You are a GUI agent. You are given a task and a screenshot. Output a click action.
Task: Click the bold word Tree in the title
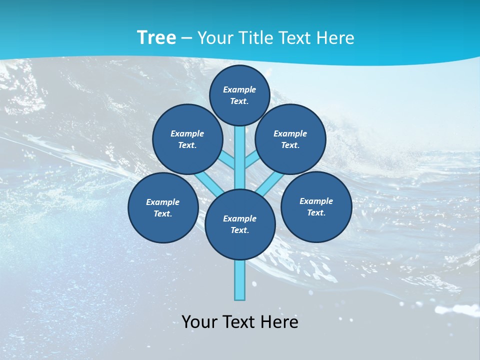click(x=156, y=38)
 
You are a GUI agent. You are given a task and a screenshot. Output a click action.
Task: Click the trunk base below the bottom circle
click(x=240, y=282)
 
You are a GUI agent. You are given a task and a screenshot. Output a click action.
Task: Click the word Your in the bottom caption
click(x=199, y=322)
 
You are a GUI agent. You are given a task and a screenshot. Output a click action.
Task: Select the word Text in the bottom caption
click(x=241, y=322)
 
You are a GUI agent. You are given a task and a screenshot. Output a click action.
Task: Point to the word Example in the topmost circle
click(x=239, y=89)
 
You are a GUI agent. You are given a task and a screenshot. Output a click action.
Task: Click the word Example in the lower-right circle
click(x=316, y=201)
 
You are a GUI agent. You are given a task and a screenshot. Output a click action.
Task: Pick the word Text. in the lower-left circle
click(x=163, y=214)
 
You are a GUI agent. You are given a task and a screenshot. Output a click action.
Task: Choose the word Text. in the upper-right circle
click(x=290, y=145)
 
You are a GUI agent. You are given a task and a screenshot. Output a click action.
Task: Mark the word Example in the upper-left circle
click(x=187, y=133)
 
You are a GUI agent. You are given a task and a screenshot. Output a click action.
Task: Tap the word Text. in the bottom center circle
click(x=240, y=230)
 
